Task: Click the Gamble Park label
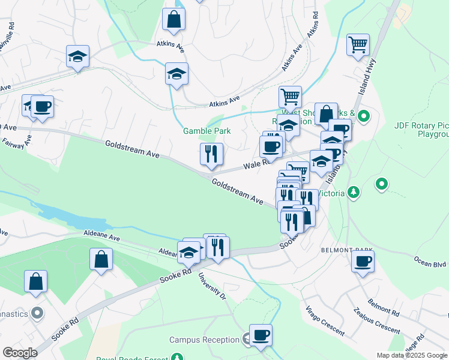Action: coord(207,131)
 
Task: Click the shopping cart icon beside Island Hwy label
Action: coord(358,44)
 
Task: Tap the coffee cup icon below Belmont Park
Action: coord(363,262)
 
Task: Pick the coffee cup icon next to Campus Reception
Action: coord(261,335)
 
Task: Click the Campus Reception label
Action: coord(204,340)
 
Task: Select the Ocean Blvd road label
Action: coord(430,263)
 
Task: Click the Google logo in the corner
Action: coord(20,352)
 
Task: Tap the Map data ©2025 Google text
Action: coord(412,355)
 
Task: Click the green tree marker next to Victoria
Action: coord(354,192)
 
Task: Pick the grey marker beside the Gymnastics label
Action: coord(37,312)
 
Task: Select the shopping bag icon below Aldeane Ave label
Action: coord(101,260)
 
